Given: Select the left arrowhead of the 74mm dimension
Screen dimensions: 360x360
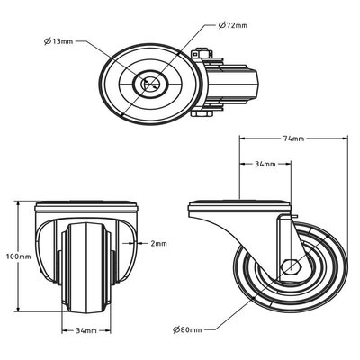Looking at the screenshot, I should click(241, 139).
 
